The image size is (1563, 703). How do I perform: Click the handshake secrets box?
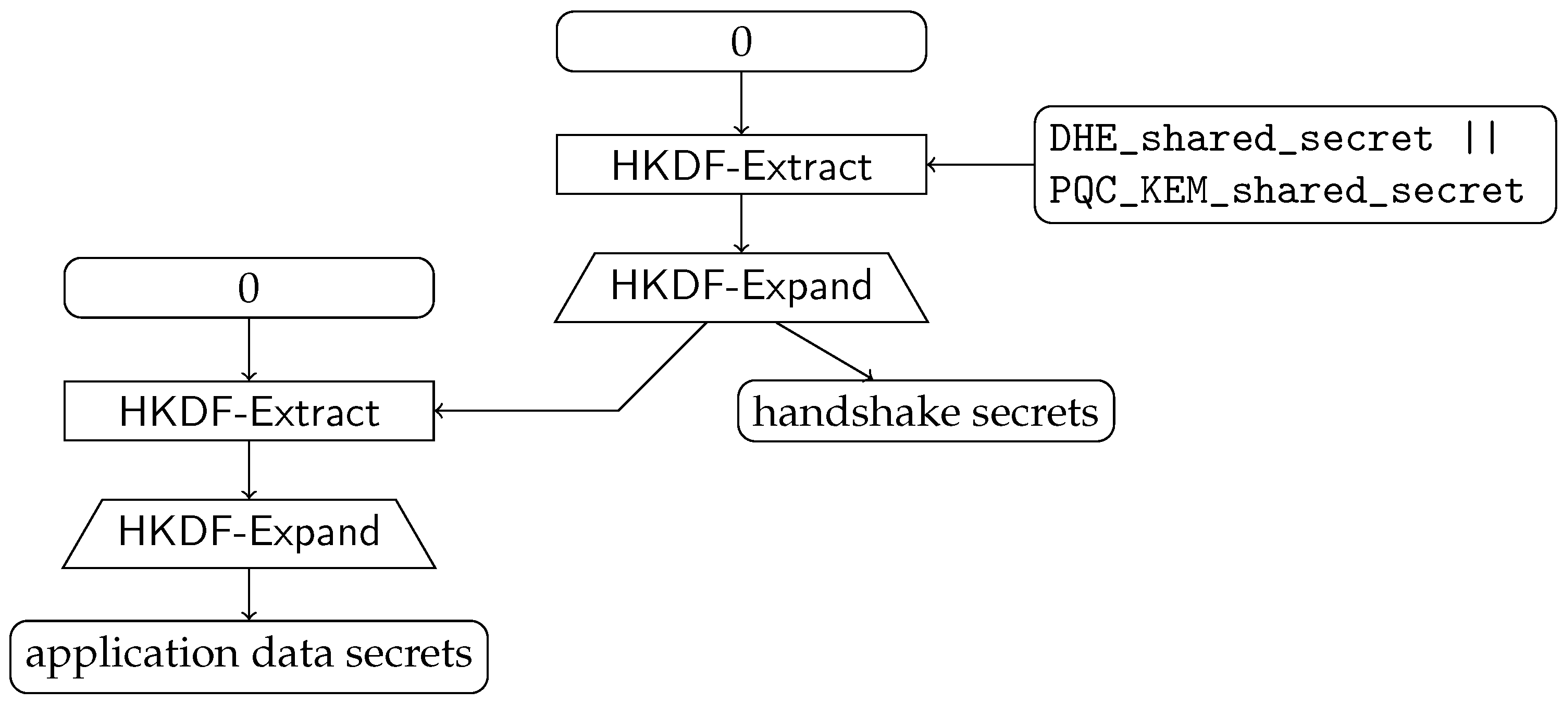(925, 411)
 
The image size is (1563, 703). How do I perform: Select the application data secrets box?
(249, 656)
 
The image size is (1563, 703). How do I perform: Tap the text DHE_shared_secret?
(1241, 139)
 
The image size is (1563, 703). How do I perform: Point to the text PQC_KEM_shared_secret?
(1286, 191)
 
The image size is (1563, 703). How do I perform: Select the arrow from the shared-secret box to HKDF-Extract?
(980, 164)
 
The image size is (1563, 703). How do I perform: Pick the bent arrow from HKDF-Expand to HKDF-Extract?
(619, 410)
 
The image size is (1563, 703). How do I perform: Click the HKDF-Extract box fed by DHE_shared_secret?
(741, 165)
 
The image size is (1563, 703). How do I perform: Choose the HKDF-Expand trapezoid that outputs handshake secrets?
(741, 287)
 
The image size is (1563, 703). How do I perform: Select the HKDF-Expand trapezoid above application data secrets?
(249, 533)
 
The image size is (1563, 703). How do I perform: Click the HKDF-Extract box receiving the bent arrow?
(249, 411)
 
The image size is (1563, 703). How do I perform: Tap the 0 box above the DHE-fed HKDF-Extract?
(741, 41)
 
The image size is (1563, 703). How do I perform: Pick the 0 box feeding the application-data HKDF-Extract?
(249, 287)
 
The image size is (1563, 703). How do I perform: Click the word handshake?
(857, 412)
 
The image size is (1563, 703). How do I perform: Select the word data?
(292, 654)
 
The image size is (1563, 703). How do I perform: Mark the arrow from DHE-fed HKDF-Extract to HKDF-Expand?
(741, 223)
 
